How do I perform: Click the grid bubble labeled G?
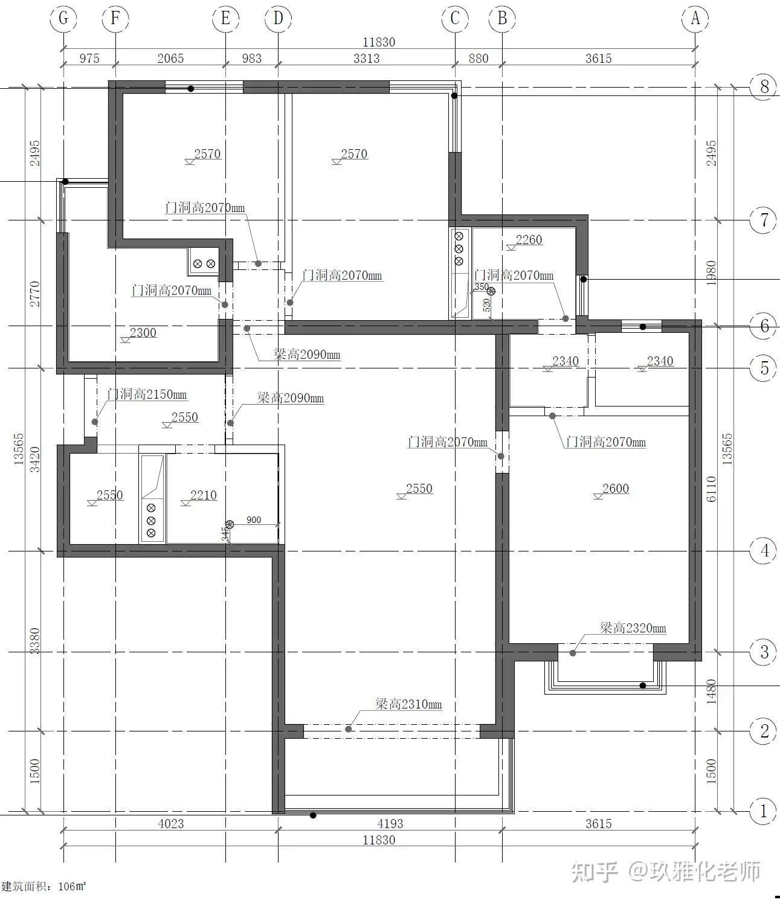pyautogui.click(x=64, y=18)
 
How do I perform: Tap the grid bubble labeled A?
pyautogui.click(x=695, y=18)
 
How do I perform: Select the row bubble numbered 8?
pyautogui.click(x=764, y=86)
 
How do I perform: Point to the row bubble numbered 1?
pyautogui.click(x=764, y=811)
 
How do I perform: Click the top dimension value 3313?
pyautogui.click(x=366, y=59)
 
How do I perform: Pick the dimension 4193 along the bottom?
pyautogui.click(x=390, y=824)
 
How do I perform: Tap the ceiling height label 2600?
pyautogui.click(x=616, y=489)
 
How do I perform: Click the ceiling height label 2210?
pyautogui.click(x=204, y=495)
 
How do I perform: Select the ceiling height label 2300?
pyautogui.click(x=143, y=332)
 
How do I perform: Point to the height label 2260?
pyautogui.click(x=529, y=239)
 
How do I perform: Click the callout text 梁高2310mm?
pyautogui.click(x=408, y=704)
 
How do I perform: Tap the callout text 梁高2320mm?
pyautogui.click(x=633, y=628)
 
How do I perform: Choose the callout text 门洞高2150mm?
pyautogui.click(x=147, y=394)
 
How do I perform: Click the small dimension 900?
pyautogui.click(x=254, y=520)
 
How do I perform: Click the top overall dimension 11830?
pyautogui.click(x=379, y=42)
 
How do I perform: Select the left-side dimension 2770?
pyautogui.click(x=34, y=294)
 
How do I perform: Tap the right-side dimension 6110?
pyautogui.click(x=711, y=489)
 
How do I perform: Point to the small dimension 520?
pyautogui.click(x=486, y=306)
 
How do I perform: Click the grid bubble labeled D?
pyautogui.click(x=279, y=18)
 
